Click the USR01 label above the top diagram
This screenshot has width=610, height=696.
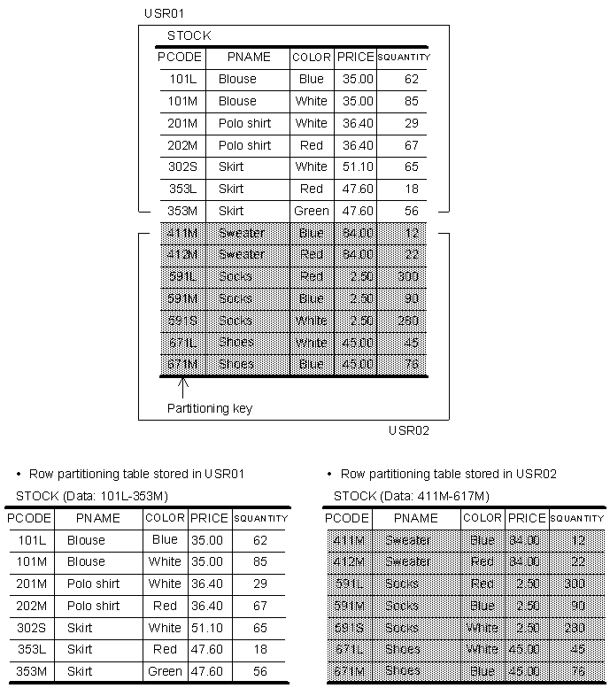coord(165,13)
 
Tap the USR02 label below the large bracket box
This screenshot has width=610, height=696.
coord(408,431)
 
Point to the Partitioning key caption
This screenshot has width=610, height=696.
coord(210,408)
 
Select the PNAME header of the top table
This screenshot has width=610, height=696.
coord(249,57)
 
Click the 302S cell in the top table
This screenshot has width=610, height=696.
coord(183,166)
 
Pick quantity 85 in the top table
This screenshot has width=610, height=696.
coord(411,101)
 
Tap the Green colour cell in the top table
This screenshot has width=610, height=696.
coord(312,211)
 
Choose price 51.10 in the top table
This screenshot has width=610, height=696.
coord(356,166)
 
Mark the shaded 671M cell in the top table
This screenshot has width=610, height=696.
coord(183,364)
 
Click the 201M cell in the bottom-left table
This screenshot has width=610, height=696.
coord(31,584)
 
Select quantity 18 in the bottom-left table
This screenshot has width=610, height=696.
coord(259,650)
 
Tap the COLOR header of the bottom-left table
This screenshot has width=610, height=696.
coord(165,518)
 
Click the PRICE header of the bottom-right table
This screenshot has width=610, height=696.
coord(527,518)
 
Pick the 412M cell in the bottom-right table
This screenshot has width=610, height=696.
coord(347,562)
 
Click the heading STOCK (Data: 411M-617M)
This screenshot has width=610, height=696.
coord(411,496)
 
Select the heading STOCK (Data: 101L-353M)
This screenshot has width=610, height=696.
coord(92,496)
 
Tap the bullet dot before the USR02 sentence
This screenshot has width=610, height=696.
coord(329,475)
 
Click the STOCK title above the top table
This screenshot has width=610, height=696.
coord(189,36)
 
